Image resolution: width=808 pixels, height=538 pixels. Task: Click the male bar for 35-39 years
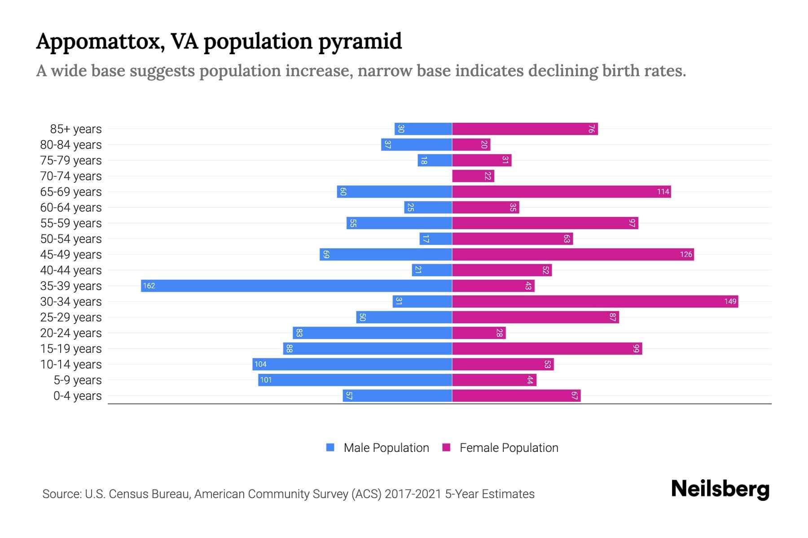[x=296, y=286]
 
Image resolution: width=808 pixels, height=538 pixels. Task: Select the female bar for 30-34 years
[x=595, y=301]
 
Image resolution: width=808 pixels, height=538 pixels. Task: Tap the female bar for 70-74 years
[x=473, y=176]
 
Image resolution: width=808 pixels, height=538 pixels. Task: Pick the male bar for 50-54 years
[x=435, y=239]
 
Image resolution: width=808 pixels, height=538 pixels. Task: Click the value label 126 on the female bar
[x=686, y=254]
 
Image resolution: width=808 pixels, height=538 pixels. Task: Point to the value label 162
[x=149, y=286]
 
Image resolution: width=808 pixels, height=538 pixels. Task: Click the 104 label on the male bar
[x=260, y=364]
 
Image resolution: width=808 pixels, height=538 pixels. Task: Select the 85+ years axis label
[x=75, y=129]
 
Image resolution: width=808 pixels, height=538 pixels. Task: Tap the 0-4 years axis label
[x=77, y=396]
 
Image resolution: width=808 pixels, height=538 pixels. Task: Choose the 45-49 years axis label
[x=71, y=255]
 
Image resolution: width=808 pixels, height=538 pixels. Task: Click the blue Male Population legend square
[x=330, y=447]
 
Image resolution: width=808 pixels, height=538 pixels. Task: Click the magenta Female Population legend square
[x=446, y=447]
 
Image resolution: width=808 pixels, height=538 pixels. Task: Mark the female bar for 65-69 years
[x=561, y=191]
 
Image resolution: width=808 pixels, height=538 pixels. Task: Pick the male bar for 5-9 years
[x=355, y=380]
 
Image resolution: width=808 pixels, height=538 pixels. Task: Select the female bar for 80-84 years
[x=471, y=144]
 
